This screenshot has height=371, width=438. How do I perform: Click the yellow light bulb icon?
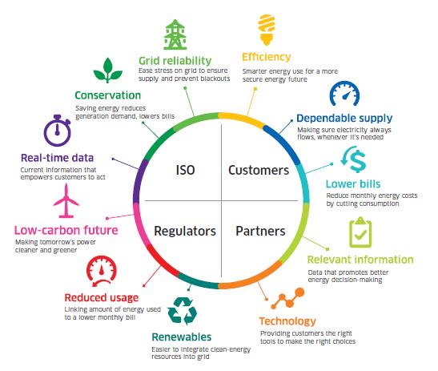click(x=267, y=30)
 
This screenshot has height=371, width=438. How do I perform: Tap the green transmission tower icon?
click(x=175, y=34)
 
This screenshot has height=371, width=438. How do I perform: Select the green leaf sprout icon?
click(x=108, y=71)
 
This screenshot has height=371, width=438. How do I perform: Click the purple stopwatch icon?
click(x=58, y=131)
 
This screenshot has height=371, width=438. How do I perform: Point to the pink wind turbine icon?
click(x=66, y=201)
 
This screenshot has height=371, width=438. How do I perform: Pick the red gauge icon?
click(x=102, y=271)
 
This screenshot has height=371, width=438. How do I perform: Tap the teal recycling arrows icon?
click(x=183, y=311)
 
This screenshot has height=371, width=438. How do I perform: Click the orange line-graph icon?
click(x=287, y=299)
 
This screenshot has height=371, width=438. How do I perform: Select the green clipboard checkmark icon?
click(x=360, y=232)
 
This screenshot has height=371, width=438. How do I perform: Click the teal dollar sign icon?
click(x=354, y=159)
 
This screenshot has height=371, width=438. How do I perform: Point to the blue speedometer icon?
click(x=344, y=94)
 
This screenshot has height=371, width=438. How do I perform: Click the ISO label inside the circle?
click(x=185, y=170)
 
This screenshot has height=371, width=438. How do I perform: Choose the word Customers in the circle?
click(x=259, y=170)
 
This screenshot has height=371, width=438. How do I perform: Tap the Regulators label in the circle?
click(x=185, y=232)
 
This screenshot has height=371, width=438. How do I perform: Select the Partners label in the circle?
click(x=260, y=232)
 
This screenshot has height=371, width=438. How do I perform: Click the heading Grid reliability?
click(x=175, y=61)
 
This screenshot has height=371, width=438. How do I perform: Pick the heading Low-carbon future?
click(x=66, y=230)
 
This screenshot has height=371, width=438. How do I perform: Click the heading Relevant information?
click(x=360, y=260)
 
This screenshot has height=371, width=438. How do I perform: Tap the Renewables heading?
click(x=182, y=337)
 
